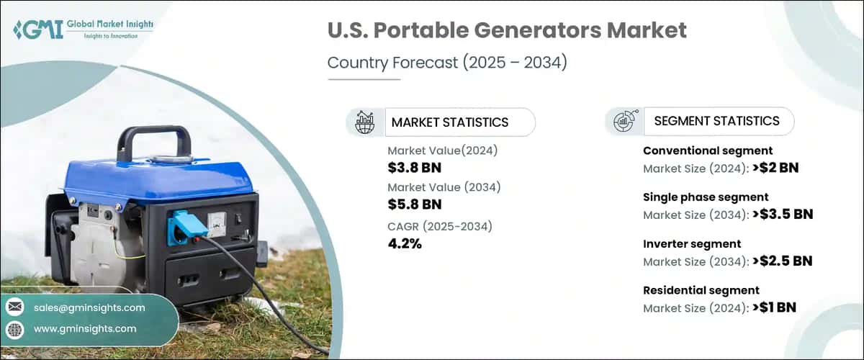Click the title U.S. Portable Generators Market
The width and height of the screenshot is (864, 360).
pos(507,31)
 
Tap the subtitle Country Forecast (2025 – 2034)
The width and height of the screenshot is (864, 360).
pos(447,63)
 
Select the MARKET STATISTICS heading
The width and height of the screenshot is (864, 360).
pos(449,122)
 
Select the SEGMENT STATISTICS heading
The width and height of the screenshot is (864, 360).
pos(716,121)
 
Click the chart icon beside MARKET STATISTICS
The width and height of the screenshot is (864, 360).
pos(365,122)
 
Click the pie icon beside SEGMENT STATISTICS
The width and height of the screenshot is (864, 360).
pos(624,122)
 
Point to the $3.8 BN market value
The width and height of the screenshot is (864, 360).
pos(413,167)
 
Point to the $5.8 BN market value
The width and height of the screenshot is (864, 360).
pos(413,204)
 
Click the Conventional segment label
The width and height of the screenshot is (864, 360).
pos(707,150)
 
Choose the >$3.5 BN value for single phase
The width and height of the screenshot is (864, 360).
pos(782,215)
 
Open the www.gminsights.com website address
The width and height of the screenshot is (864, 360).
pos(84,329)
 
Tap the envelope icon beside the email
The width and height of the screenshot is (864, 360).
pos(15,307)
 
